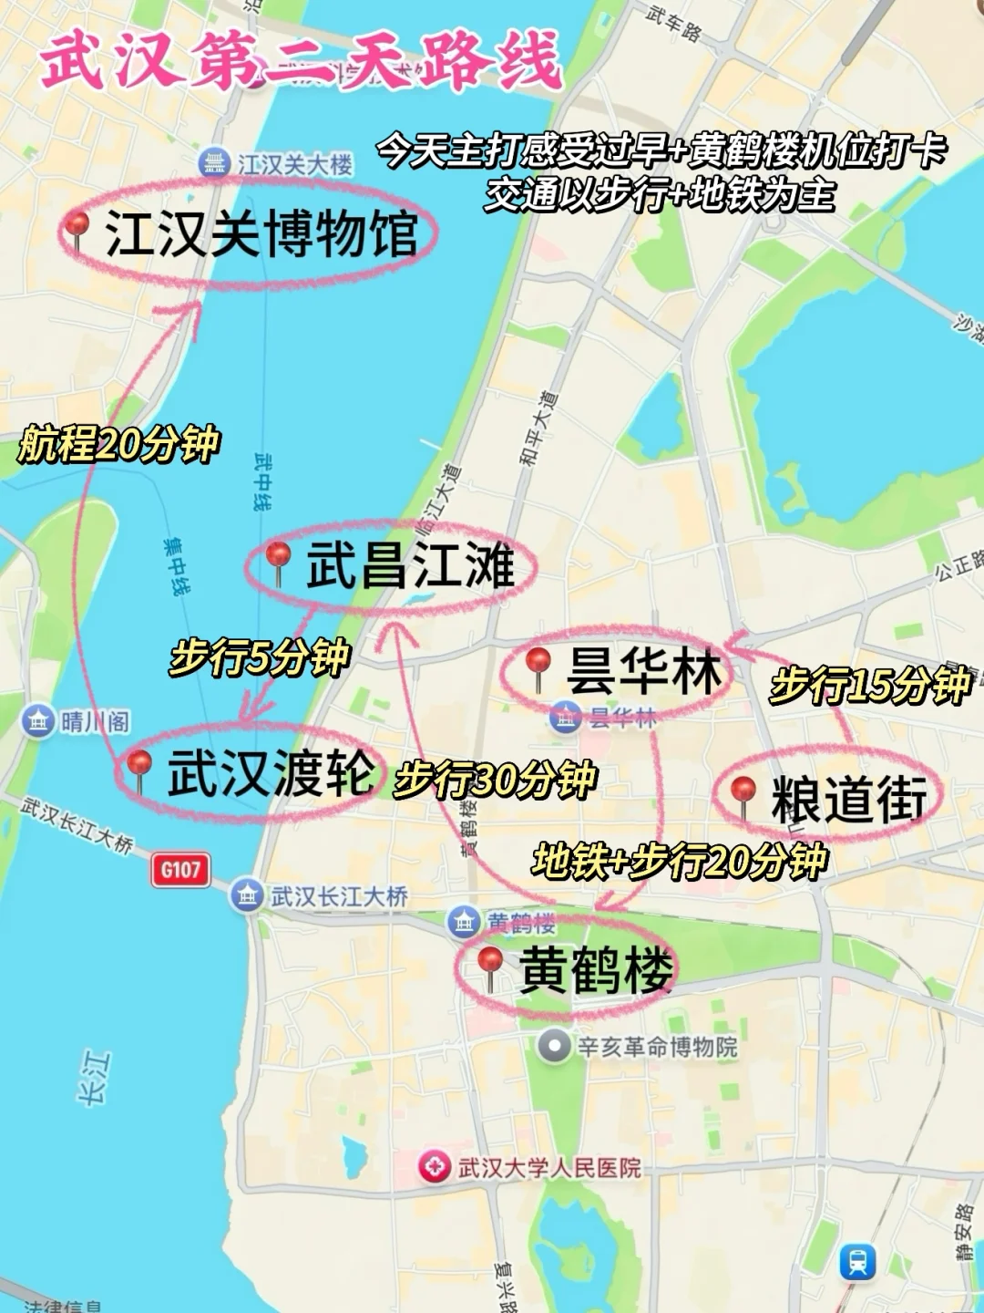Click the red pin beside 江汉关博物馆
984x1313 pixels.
click(x=78, y=228)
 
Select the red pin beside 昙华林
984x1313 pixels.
click(x=538, y=665)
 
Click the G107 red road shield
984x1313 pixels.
click(x=180, y=870)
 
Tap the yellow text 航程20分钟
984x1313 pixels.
click(x=118, y=444)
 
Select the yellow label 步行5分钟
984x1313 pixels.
click(x=260, y=656)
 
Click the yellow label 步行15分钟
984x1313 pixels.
click(x=870, y=685)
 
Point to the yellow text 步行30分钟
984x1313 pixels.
click(x=495, y=780)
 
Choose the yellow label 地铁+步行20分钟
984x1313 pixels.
click(x=680, y=861)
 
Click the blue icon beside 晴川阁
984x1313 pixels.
click(x=38, y=722)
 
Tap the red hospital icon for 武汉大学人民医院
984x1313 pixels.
click(x=435, y=1166)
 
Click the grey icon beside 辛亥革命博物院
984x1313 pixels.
click(x=553, y=1046)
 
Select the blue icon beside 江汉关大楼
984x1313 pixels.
click(x=214, y=164)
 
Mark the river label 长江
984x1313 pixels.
click(x=95, y=1078)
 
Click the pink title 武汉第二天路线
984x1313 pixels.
click(x=301, y=62)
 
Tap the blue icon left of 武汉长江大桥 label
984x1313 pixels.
click(x=247, y=895)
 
